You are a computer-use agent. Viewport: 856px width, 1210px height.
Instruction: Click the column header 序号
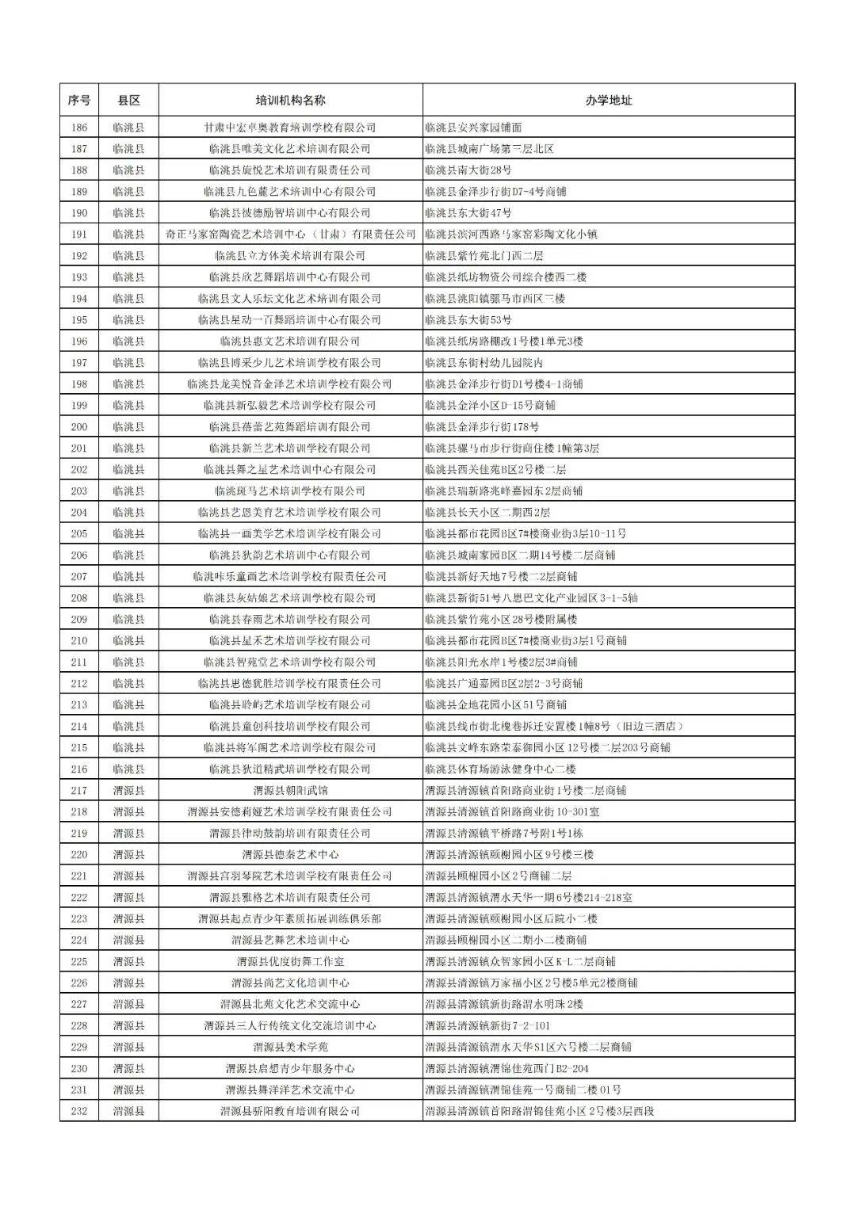78,101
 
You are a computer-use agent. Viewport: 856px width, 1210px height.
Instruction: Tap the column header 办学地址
609,101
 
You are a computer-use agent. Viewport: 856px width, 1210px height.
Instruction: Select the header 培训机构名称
290,101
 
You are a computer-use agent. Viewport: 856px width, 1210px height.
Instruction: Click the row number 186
78,128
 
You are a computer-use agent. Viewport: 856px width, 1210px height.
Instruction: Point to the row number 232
78,1111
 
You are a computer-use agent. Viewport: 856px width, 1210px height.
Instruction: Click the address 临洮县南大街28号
468,170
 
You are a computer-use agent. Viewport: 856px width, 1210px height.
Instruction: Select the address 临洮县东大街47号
468,213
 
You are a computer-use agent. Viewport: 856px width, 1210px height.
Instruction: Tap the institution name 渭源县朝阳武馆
290,790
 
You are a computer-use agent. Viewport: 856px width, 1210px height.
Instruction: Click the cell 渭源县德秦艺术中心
290,854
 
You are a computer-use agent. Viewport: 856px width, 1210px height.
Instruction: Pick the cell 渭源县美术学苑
290,1047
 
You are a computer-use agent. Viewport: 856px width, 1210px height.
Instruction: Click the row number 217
78,790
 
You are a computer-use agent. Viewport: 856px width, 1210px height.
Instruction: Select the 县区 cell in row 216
128,769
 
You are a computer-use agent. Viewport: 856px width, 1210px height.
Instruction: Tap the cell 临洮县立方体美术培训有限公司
290,256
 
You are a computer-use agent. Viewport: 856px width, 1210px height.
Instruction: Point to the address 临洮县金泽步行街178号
482,427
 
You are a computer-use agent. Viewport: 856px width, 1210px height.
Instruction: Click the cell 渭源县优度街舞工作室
290,961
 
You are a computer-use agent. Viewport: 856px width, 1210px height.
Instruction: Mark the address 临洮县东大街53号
468,320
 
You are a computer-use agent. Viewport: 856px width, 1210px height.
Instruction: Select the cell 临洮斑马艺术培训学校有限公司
290,491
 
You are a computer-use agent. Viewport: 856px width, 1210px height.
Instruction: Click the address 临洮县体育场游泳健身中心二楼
500,769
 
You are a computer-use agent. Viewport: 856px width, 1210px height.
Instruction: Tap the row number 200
78,427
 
